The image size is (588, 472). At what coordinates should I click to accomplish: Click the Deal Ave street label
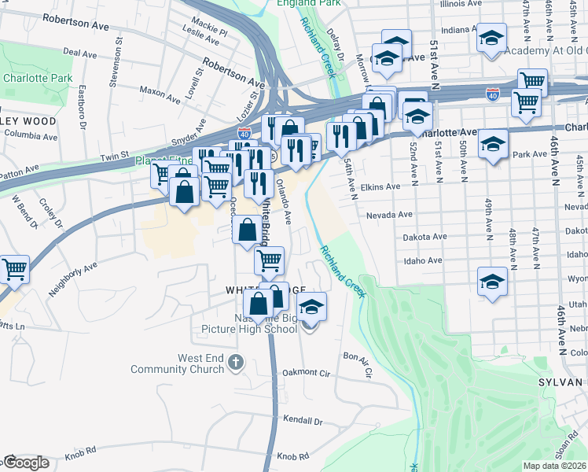click(79, 53)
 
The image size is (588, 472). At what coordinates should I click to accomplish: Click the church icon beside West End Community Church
click(236, 363)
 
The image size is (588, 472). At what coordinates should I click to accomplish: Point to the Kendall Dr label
click(303, 421)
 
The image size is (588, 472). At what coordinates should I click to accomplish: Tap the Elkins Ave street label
click(382, 187)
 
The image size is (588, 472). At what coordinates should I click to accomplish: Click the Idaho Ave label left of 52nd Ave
click(424, 260)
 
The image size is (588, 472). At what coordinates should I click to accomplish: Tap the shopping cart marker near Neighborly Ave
click(15, 270)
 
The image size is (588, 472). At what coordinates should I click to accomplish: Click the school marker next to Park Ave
click(492, 145)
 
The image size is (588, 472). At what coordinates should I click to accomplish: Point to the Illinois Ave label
click(463, 4)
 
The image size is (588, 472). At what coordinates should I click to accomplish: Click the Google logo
click(26, 463)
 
